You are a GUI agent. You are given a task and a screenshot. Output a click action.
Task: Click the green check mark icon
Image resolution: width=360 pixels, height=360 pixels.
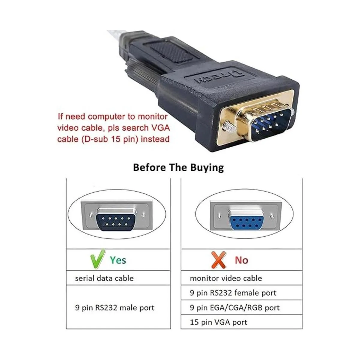(x=97, y=259)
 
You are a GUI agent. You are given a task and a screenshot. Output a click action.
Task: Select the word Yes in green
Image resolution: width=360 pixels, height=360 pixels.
(x=118, y=260)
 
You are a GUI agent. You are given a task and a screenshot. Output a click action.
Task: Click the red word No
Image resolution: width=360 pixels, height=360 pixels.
(x=241, y=260)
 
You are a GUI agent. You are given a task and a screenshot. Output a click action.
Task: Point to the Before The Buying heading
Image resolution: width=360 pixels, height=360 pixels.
(x=178, y=167)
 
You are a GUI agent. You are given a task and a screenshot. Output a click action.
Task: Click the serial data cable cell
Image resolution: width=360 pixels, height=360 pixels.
(x=104, y=278)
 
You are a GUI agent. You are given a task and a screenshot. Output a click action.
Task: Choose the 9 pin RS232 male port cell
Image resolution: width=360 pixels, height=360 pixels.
(x=115, y=307)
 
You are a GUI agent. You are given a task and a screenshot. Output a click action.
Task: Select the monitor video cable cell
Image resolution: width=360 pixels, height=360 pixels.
(x=226, y=278)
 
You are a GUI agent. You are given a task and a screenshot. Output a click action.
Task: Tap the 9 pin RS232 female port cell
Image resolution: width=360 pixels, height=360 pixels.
(x=233, y=293)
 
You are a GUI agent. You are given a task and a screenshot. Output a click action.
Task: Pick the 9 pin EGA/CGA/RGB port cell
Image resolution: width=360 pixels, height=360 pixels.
(x=234, y=307)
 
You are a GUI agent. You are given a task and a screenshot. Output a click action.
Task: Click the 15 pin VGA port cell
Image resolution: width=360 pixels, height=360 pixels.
(x=218, y=322)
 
